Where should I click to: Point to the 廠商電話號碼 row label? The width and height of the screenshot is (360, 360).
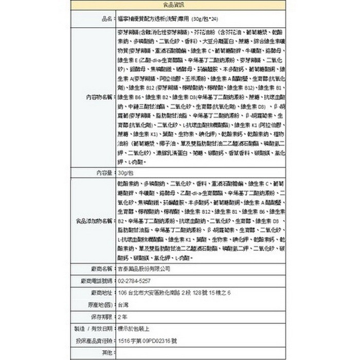click(97, 280)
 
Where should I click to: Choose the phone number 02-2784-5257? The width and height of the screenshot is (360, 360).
click(134, 280)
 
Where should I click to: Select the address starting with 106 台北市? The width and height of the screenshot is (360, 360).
click(174, 292)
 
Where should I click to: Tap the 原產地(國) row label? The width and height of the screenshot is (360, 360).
click(100, 304)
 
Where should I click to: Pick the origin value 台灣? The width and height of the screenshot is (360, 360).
click(123, 304)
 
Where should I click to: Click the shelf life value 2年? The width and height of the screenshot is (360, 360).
click(123, 316)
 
